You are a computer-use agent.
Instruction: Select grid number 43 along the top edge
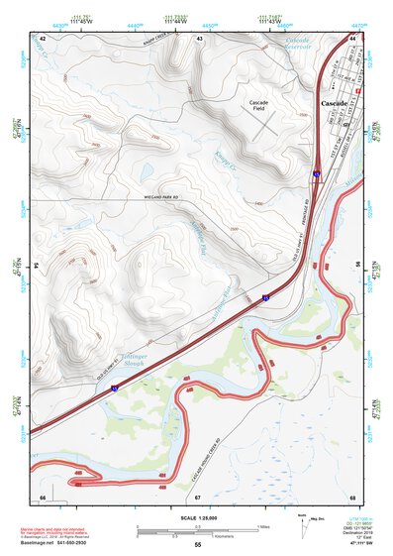(200, 38)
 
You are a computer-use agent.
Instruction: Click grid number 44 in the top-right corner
(352, 38)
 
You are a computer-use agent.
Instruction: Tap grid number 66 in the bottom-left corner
(42, 496)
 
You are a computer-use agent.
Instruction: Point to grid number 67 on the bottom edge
(197, 496)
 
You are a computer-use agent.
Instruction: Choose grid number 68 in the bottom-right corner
(352, 496)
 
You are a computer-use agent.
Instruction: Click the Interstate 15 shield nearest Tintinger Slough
(115, 389)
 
